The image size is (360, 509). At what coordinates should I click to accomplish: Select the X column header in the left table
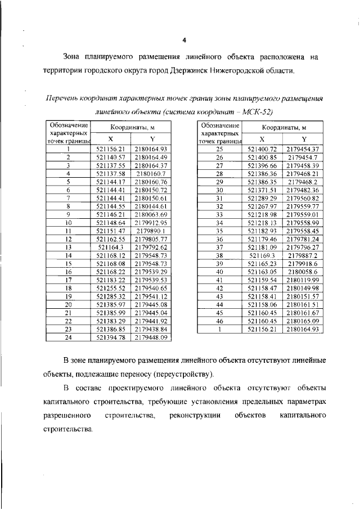tap(110, 138)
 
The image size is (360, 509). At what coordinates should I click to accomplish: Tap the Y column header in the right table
tap(303, 138)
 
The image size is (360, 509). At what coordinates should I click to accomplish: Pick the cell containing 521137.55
tap(110, 165)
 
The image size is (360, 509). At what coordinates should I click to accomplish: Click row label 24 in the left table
tap(68, 337)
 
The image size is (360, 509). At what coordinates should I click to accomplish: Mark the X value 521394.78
tap(110, 337)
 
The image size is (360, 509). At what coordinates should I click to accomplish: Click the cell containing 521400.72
tap(262, 149)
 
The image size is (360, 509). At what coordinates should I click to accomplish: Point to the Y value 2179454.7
tap(304, 157)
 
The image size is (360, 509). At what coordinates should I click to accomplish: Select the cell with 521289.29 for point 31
tap(262, 199)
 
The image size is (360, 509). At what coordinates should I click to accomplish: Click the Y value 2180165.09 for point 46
tap(304, 321)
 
